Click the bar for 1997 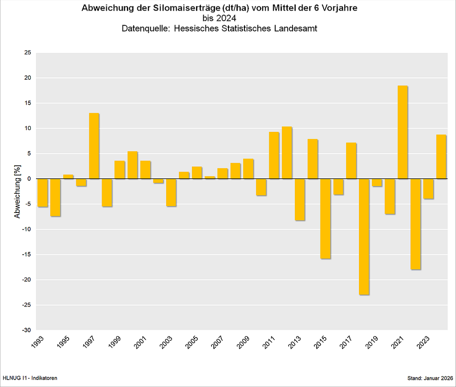click(94, 146)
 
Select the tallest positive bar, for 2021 click(402, 132)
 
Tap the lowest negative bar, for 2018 click(364, 236)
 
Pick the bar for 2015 click(326, 218)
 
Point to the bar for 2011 click(274, 155)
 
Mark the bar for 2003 click(171, 192)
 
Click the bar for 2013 click(300, 199)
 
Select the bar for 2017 click(351, 161)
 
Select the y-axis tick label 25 click(28, 53)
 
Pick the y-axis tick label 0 click(30, 179)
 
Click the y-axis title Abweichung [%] click(17, 191)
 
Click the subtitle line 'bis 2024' click(220, 18)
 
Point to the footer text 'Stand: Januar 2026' click(430, 378)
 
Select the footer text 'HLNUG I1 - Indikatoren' click(30, 378)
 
